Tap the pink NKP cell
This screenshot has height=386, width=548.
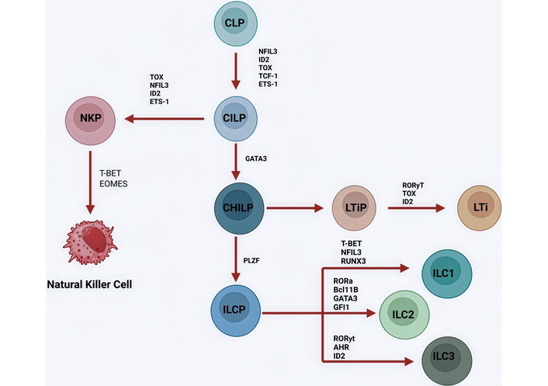[x=91, y=120]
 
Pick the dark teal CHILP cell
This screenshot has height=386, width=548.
[x=239, y=208]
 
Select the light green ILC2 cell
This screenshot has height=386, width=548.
[x=404, y=315]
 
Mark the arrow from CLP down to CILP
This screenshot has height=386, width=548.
[x=234, y=71]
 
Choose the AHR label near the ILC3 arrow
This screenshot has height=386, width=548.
[x=339, y=347]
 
